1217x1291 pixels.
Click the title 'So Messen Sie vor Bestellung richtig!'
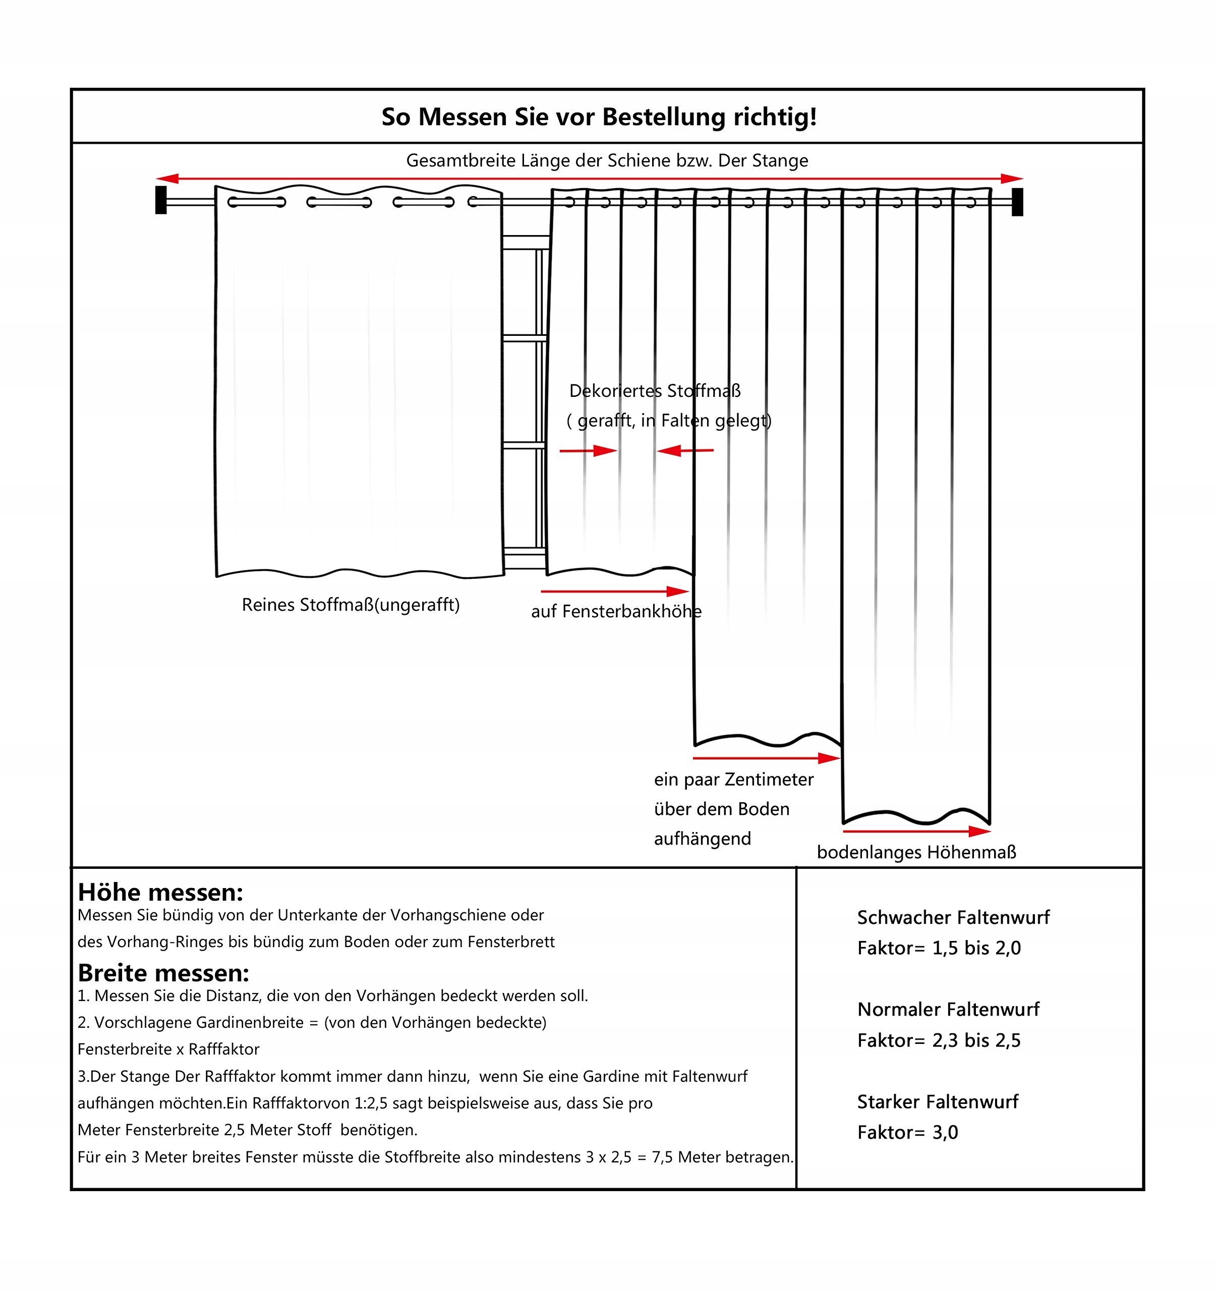coord(598,118)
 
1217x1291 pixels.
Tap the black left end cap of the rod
coord(161,200)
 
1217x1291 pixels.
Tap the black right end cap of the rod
coord(1017,201)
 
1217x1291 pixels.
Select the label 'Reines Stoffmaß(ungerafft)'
coord(351,605)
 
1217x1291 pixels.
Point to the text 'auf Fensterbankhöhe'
coord(616,612)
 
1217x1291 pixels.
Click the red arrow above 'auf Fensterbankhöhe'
coord(614,592)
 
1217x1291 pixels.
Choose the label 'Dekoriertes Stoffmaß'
coord(655,391)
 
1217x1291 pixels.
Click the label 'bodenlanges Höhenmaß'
coord(916,853)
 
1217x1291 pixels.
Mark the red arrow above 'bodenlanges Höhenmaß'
coord(916,831)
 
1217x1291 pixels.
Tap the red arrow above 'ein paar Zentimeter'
coord(766,758)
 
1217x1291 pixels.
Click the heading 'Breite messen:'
coord(163,973)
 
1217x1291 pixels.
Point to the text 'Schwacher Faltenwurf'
coord(953,918)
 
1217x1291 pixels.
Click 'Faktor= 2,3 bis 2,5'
coord(939,1041)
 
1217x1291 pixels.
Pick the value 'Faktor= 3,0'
coord(907,1133)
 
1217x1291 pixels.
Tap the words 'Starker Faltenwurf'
coord(937,1102)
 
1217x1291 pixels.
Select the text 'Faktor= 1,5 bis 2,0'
coord(939,949)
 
